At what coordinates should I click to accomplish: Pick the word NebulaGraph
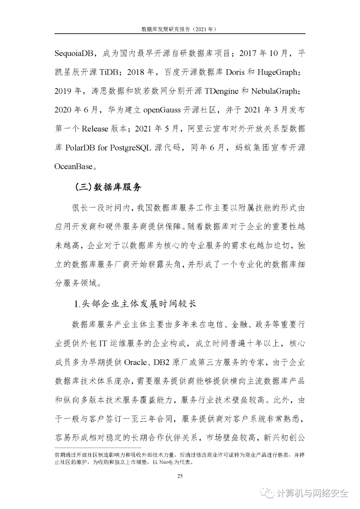click(x=274, y=91)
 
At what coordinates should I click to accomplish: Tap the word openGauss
click(x=162, y=110)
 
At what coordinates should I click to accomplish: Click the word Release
click(x=95, y=129)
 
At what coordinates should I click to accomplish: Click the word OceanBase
click(x=73, y=166)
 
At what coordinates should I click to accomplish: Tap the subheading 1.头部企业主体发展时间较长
click(x=135, y=304)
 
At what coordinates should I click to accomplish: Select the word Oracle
click(x=135, y=362)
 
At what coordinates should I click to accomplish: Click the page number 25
click(x=180, y=476)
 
